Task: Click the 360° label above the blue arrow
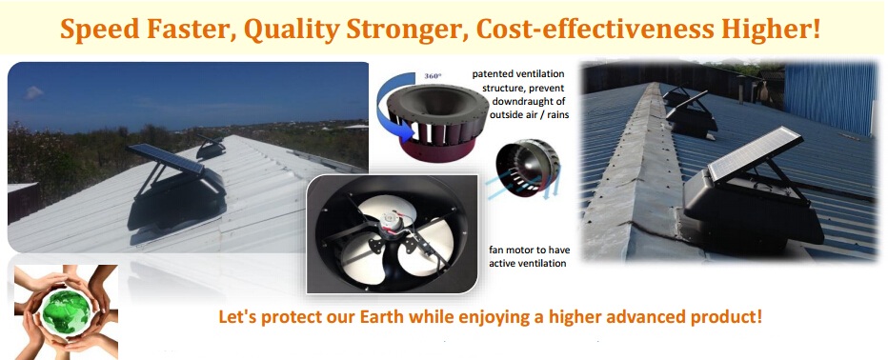point(433,74)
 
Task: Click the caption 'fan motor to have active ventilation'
point(529,256)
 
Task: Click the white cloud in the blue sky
point(34,91)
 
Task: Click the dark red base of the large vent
point(436,149)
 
